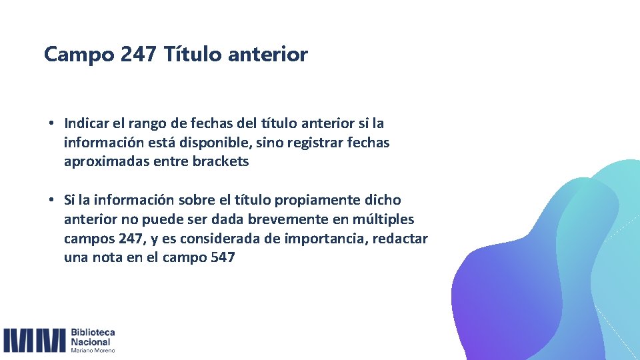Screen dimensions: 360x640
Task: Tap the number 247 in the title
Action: [x=139, y=55]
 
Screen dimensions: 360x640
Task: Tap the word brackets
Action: [x=220, y=161]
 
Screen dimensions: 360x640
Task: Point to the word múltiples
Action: [x=385, y=219]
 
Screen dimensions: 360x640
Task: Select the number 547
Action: [x=222, y=258]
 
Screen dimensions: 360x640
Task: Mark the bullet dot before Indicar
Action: [x=51, y=124]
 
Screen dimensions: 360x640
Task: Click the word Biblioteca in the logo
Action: [x=93, y=333]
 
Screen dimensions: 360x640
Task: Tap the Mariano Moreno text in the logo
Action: [x=93, y=350]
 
